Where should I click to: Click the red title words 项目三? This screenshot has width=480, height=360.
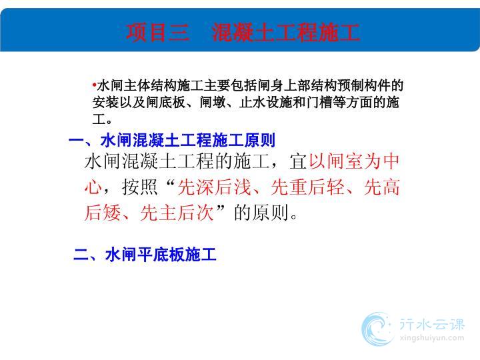(157, 32)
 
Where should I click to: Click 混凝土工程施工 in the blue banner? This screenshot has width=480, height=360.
(285, 32)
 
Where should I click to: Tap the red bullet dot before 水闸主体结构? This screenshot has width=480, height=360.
(94, 84)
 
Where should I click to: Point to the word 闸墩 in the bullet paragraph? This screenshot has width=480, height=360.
(213, 103)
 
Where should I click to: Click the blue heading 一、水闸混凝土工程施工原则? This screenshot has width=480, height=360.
(172, 141)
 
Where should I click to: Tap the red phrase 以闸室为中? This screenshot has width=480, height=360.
(354, 161)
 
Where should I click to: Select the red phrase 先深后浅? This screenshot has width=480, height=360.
(215, 187)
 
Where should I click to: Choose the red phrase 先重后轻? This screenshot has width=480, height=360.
(307, 187)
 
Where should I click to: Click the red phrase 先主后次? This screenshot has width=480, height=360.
(177, 213)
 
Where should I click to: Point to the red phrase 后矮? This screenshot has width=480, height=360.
(103, 213)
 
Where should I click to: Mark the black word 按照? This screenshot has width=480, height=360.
(139, 187)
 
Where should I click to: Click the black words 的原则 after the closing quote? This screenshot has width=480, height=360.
(261, 213)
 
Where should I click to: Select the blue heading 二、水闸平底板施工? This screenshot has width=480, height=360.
(145, 255)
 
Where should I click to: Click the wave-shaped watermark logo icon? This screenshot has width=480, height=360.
(377, 329)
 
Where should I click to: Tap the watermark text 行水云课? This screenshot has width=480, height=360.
(431, 325)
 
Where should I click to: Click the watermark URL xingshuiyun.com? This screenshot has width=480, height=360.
(431, 338)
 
